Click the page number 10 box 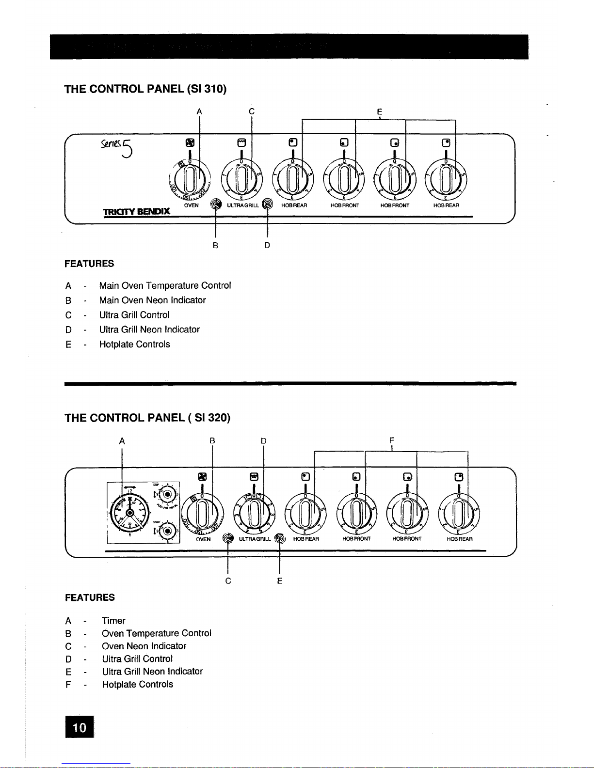80,727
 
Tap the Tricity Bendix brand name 136,211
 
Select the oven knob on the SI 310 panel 191,179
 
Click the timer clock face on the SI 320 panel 129,513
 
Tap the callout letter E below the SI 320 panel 280,580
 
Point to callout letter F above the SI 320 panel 391,440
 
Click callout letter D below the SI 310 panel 267,245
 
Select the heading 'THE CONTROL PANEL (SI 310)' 146,89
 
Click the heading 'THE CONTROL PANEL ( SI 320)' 147,418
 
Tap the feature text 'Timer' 113,621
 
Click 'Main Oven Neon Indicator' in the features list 152,300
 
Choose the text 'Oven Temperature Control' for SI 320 156,633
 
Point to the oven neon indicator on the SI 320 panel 227,538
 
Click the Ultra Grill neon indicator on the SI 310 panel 267,204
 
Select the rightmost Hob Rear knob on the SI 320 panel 458,513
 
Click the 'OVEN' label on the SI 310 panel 191,205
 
